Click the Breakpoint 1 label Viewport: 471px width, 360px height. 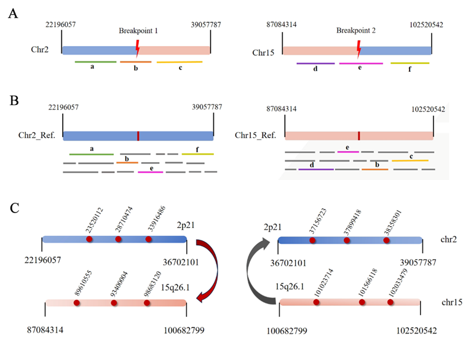tap(139, 30)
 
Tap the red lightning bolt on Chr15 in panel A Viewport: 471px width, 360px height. tap(358, 45)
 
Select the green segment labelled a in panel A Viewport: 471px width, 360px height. tap(95, 61)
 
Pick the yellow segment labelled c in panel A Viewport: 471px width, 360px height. tap(179, 61)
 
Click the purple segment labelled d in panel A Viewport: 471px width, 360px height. tap(315, 63)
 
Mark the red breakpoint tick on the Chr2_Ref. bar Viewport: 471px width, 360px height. tap(138, 135)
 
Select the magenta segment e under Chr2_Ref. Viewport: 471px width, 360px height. tap(151, 173)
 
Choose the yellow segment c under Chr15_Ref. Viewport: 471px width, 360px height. tap(410, 160)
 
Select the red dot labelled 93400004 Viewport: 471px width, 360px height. tap(114, 303)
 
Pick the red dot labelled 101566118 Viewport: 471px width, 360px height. tap(362, 302)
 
